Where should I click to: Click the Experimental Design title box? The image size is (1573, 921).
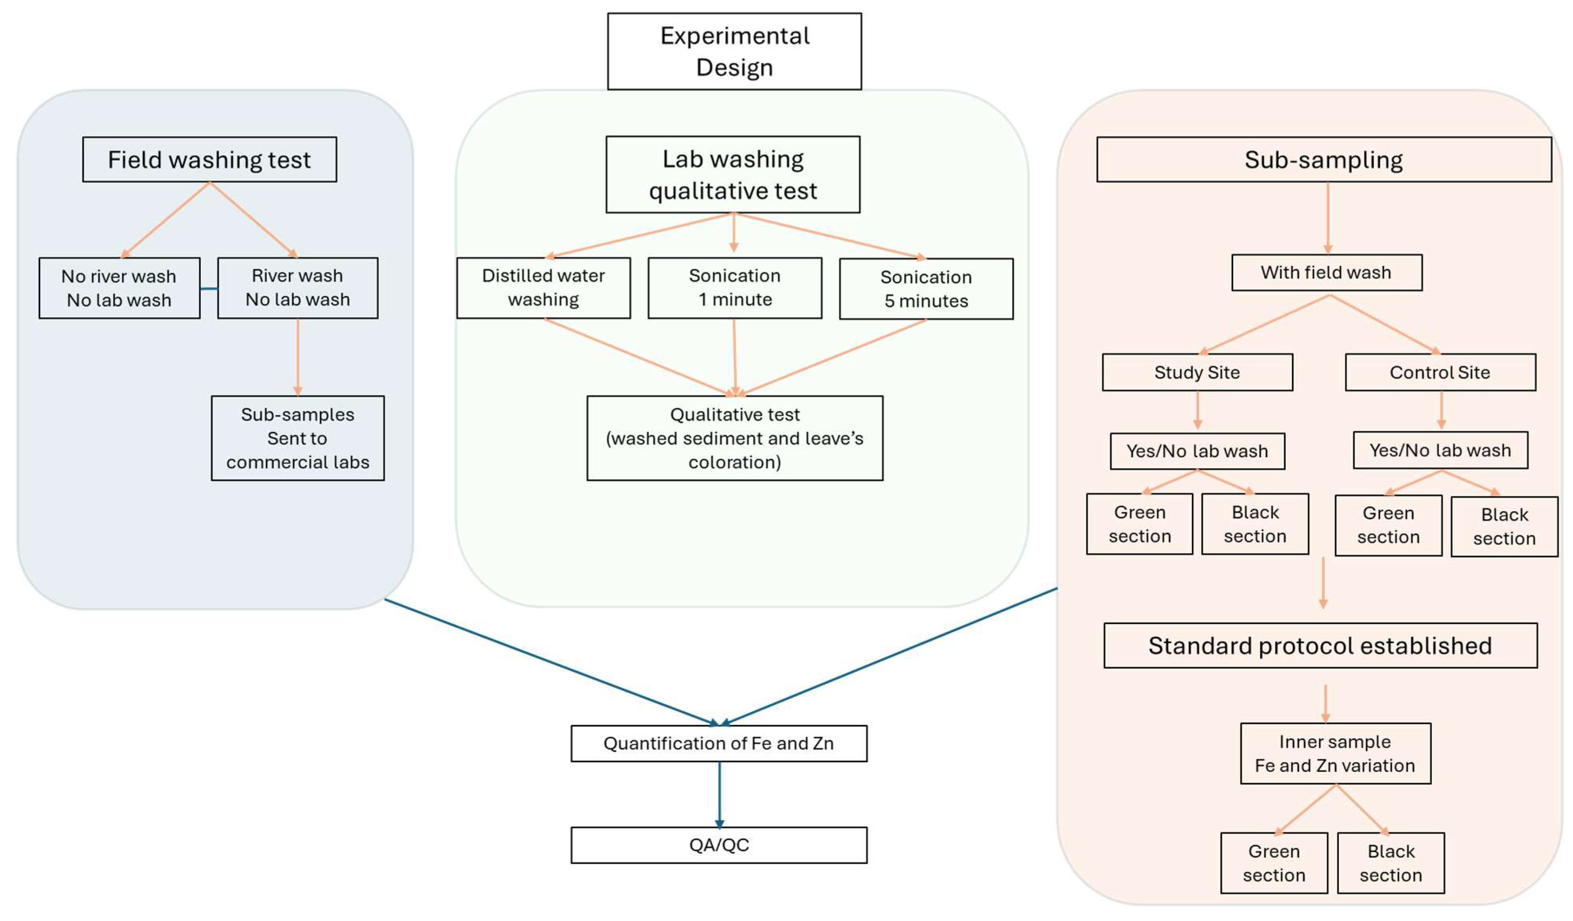point(734,51)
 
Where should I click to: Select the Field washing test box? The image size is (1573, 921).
point(209,160)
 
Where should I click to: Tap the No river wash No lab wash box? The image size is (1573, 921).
point(119,288)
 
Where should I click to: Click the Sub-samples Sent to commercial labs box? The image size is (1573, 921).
point(298,438)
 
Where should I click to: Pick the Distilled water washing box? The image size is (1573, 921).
point(543,288)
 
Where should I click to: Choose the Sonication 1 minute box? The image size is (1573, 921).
point(735,288)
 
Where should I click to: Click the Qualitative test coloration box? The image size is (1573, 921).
point(735,438)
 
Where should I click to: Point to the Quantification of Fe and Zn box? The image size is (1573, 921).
point(718,743)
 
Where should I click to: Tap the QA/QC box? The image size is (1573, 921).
point(718,845)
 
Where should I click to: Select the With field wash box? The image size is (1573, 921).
point(1327,272)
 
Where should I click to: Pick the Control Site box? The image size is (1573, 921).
point(1440,373)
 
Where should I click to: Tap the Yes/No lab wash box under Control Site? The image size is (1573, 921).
point(1440,450)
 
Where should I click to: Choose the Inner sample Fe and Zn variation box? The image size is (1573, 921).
point(1335,754)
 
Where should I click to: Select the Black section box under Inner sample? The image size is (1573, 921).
point(1391,863)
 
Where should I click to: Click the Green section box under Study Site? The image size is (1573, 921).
point(1139,524)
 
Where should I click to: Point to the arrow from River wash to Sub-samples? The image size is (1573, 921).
point(298,357)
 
